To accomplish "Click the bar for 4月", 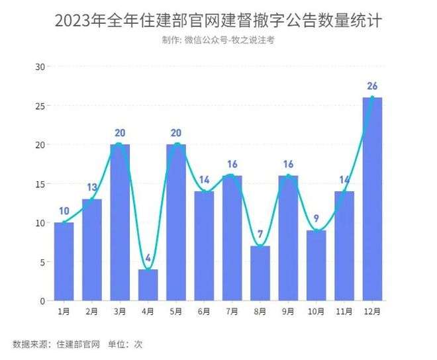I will pos(148,285).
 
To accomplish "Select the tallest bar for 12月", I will pos(372,199).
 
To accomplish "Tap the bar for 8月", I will pos(260,273).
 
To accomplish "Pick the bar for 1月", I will pos(64,261).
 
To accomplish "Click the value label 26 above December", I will pos(372,86).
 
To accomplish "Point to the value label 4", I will pos(148,257).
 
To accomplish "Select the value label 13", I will pos(92,187).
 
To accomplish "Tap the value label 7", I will pos(260,234).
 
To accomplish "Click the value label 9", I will pos(316,218).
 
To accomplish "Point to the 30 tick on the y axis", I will pos(40,67).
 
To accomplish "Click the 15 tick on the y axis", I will pos(40,184).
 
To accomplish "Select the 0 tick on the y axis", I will pos(42,301).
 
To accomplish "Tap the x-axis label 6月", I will pos(204,311).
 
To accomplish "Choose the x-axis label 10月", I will pos(316,311).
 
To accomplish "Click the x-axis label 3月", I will pos(120,311).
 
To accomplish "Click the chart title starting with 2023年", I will pos(218,21).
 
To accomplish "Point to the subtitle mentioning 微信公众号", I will pos(218,40).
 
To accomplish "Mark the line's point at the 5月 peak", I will pos(176,144).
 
